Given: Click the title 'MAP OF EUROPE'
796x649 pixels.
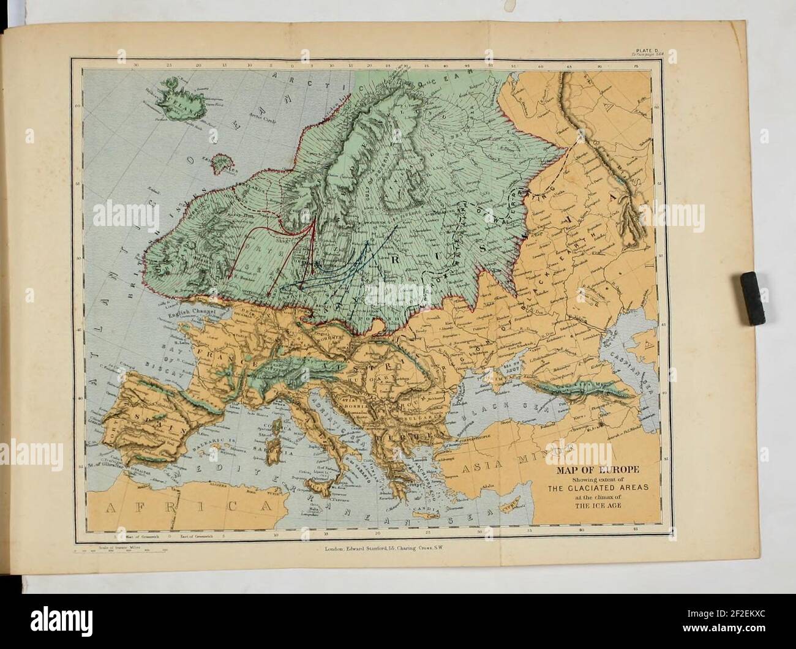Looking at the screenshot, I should pyautogui.click(x=597, y=470).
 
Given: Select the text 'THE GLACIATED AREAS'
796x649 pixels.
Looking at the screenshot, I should pyautogui.click(x=597, y=488).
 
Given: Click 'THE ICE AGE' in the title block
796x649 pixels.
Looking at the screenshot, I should pyautogui.click(x=597, y=506).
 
